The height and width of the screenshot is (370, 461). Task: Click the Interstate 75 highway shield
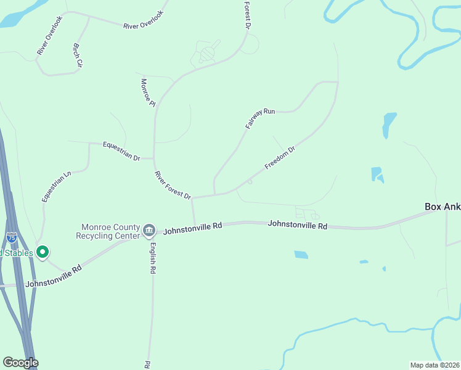point(12,237)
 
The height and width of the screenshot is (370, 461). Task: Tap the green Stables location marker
point(43,252)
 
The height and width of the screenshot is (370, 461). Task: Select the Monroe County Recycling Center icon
point(149,231)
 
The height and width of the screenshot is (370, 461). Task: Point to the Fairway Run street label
point(260,118)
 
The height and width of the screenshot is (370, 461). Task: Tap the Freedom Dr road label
point(280,157)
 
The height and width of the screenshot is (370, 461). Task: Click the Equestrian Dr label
point(121,151)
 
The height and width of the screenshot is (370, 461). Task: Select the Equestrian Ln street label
point(57,186)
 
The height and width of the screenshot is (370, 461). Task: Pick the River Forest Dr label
point(173,185)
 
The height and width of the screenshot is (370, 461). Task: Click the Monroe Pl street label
point(147,92)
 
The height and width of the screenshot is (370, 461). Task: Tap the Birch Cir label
point(78,55)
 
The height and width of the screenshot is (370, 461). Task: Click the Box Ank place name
point(443,207)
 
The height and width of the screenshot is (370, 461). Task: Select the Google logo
point(20,363)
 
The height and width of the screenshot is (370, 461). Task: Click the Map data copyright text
point(434,365)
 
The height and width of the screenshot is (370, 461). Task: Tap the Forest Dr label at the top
point(247,15)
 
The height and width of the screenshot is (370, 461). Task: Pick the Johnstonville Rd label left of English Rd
point(54,277)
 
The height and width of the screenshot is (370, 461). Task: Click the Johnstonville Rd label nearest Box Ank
point(297,225)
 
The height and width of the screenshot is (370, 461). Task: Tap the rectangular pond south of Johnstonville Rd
point(301,254)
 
